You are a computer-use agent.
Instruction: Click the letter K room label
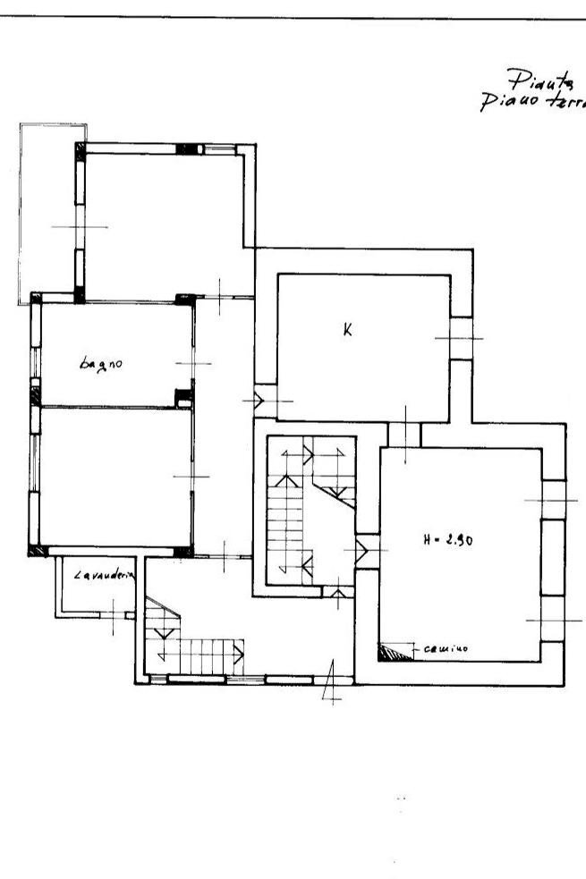point(348,329)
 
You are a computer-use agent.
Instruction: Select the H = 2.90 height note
point(448,539)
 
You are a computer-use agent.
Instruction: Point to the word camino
point(443,648)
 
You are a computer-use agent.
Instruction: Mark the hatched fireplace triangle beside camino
point(392,654)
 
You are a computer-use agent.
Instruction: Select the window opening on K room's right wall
point(460,338)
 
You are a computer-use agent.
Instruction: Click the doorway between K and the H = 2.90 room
point(404,435)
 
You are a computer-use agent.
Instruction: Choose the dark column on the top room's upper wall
point(187,149)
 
